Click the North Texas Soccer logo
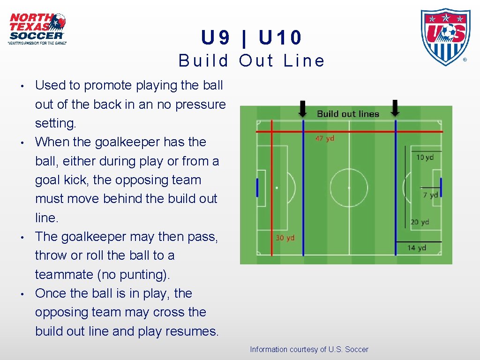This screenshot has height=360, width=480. coord(37,29)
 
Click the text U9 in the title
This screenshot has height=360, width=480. coord(216,38)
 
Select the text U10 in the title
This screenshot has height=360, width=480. coord(280,38)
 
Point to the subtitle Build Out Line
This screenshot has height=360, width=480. coord(252,61)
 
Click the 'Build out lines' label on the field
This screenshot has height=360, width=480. coord(348,113)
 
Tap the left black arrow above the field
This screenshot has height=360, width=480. coord(303,109)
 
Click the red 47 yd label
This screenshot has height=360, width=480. coord(325,139)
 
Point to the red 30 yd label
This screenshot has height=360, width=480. coord(285,238)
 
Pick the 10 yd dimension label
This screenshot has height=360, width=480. coord(425,157)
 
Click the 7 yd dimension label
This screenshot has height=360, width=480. coord(430,195)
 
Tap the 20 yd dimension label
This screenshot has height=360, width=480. coord(420,222)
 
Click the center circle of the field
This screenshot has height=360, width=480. coord(349,187)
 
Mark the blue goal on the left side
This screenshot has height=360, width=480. coord(257,187)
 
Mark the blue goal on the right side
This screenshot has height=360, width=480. coord(441,187)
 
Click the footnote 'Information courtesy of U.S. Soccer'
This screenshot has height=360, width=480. coord(309,349)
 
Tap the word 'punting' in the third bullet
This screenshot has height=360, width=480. coord(141,275)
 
